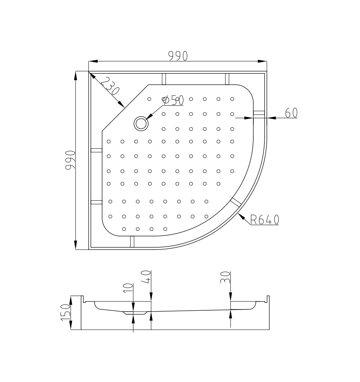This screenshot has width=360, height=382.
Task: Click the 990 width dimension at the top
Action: click(x=178, y=56)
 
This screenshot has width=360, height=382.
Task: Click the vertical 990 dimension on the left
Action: click(x=70, y=160)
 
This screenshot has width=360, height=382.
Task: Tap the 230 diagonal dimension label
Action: click(x=111, y=86)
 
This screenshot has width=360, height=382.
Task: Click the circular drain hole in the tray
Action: click(x=141, y=123)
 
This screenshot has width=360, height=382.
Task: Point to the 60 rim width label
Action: click(x=291, y=112)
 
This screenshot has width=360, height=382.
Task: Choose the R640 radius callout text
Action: click(x=265, y=220)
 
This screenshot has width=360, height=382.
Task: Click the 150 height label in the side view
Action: click(x=66, y=313)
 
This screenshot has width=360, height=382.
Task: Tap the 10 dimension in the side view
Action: click(x=129, y=288)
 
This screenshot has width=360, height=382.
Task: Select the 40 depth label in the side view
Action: click(x=146, y=277)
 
